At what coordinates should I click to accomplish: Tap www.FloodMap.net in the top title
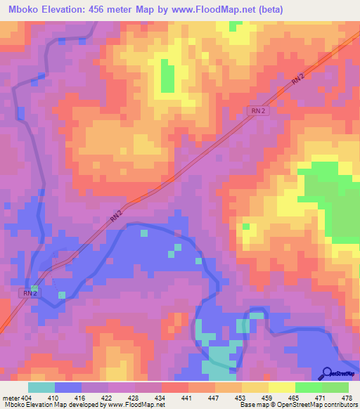[226, 9]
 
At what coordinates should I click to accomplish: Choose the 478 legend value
[347, 397]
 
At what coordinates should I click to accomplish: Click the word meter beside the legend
[11, 397]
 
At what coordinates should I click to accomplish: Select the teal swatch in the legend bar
[41, 387]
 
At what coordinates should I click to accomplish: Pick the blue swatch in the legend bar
[68, 387]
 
